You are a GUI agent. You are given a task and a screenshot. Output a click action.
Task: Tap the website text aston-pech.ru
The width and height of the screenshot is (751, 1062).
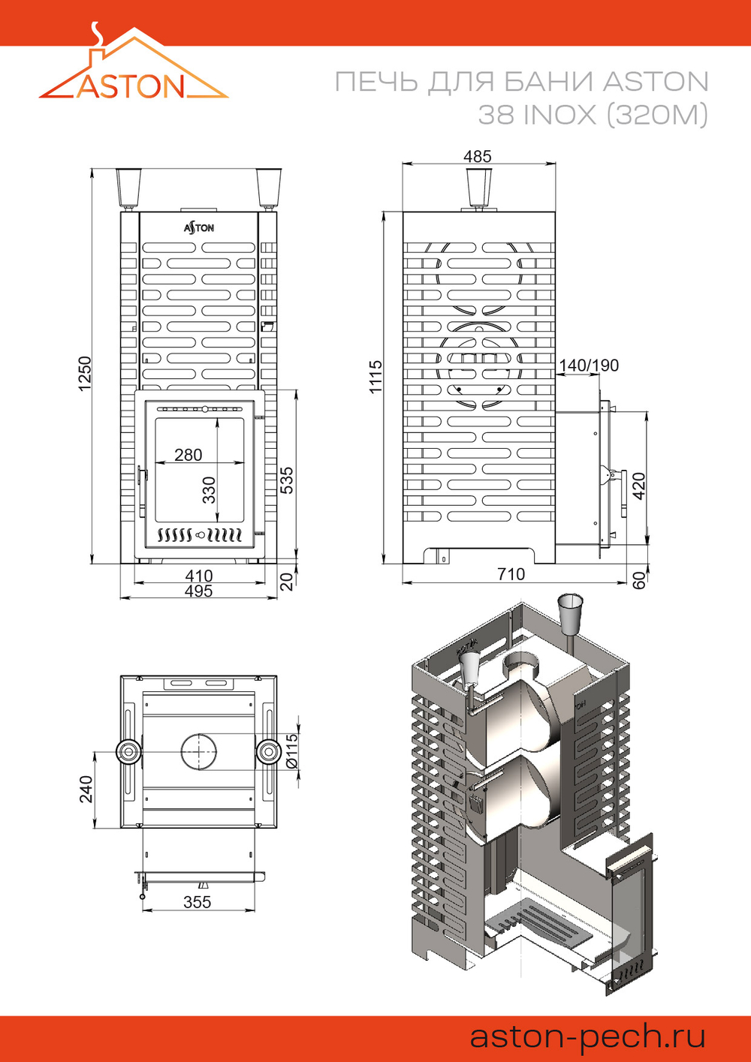(587, 1036)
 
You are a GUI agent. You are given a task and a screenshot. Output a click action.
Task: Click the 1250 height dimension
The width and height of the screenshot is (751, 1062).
(85, 373)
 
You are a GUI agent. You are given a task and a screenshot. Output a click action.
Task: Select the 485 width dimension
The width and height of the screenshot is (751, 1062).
(478, 156)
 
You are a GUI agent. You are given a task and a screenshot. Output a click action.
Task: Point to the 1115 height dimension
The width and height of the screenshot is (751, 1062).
(375, 377)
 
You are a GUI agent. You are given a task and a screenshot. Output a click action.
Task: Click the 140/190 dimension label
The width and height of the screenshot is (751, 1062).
(589, 366)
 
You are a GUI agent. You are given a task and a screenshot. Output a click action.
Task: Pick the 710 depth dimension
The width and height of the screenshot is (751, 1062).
(511, 574)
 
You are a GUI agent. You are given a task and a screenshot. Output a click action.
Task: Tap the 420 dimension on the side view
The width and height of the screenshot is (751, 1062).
(638, 486)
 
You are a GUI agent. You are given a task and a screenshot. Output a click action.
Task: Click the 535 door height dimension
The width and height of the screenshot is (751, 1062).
(287, 480)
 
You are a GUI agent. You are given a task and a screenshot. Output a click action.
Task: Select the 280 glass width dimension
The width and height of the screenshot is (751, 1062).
(188, 455)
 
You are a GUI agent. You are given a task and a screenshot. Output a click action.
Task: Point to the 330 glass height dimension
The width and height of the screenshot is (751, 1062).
(209, 489)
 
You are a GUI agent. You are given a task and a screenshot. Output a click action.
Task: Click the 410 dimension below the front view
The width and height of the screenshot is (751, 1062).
(199, 576)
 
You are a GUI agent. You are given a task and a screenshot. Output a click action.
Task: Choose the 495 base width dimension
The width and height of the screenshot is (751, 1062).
(199, 591)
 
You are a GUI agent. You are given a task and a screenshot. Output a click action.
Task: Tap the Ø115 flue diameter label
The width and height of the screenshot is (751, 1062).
(292, 751)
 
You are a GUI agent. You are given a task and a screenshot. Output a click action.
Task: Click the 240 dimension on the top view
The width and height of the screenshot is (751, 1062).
(86, 789)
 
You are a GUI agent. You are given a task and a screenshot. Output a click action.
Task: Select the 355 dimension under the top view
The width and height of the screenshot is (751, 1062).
(198, 902)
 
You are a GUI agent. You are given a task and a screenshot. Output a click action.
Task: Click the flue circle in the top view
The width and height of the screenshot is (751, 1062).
(198, 751)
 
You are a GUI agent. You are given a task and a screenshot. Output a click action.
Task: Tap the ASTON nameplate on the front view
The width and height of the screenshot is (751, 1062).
(199, 227)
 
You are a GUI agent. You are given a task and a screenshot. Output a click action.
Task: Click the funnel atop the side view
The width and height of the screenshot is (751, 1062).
(478, 187)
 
